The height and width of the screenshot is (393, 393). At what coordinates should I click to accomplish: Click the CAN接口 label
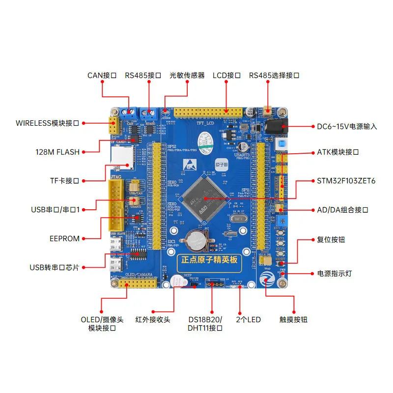pos(102,76)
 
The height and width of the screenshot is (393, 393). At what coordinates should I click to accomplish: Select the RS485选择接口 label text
pos(274,76)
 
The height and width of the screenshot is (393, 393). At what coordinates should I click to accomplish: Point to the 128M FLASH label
pos(57,152)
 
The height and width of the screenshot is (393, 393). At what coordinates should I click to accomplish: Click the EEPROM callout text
pos(64,239)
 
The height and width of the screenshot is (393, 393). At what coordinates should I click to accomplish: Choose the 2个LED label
pos(249,320)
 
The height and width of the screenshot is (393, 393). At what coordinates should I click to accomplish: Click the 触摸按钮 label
pos(293,320)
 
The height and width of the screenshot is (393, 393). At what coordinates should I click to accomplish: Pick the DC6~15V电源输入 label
pos(347,126)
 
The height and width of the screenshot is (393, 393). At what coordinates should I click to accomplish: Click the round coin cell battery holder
pos(196,241)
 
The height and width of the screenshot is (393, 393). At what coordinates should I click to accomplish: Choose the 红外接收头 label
pos(153,320)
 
